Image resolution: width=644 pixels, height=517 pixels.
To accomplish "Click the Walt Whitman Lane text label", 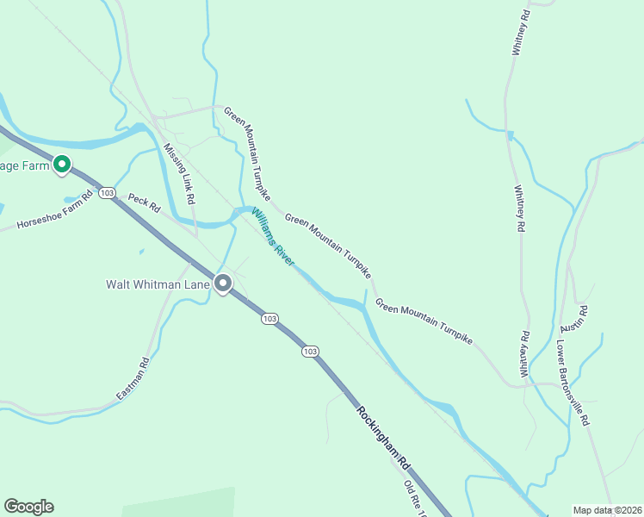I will [157, 283].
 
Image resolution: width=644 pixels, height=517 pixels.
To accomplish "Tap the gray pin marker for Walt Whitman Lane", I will [223, 283].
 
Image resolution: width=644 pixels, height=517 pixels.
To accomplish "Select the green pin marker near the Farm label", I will [61, 164].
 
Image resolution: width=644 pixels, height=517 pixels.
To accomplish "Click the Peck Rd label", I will [145, 202].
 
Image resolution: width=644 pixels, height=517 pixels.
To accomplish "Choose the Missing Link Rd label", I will [179, 173].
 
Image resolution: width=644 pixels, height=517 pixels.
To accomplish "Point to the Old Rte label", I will [416, 495].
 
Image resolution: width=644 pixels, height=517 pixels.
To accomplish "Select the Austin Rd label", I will [573, 320].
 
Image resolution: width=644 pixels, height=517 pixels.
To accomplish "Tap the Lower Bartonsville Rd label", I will [572, 381].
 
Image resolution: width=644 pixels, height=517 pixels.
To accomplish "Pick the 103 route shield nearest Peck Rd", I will [107, 193].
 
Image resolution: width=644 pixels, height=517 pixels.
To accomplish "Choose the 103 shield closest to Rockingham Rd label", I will [310, 352].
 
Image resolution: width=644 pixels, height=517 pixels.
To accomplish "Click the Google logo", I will [28, 507].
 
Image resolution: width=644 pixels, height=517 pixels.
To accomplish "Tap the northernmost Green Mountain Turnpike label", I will [248, 149].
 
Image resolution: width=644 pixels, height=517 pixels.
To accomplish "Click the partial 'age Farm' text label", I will [24, 164].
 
